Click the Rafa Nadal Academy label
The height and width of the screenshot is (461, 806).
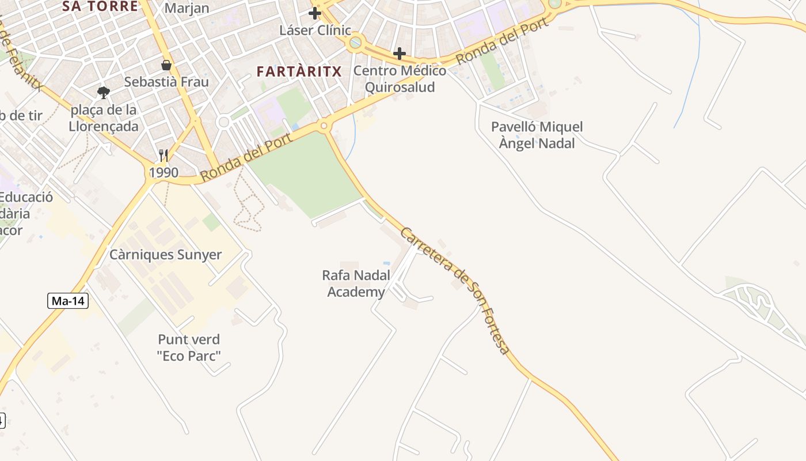(x=356, y=284)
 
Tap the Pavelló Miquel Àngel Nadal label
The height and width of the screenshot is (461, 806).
(x=537, y=135)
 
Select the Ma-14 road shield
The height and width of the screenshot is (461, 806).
(x=68, y=300)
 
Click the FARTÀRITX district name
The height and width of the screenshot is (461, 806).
(x=299, y=71)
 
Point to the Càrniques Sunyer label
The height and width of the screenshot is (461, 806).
(x=166, y=255)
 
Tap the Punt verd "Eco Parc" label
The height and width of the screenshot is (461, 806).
(x=189, y=347)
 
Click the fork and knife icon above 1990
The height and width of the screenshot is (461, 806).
(x=164, y=156)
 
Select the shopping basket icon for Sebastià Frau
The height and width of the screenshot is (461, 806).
(x=166, y=65)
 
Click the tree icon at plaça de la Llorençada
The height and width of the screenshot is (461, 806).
(x=104, y=92)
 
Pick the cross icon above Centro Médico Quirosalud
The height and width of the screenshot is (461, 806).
(x=400, y=54)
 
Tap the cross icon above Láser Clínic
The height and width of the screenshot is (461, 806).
(x=314, y=13)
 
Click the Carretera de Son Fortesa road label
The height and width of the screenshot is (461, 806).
(x=455, y=291)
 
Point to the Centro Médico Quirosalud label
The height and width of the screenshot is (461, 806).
(x=400, y=79)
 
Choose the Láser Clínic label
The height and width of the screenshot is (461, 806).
(x=315, y=30)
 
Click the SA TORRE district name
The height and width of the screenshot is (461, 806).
(x=100, y=6)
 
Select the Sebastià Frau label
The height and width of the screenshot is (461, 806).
(x=166, y=82)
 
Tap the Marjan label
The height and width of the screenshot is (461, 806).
(x=187, y=8)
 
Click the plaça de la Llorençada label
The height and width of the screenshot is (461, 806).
(x=104, y=118)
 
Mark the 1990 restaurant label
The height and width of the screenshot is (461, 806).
(x=164, y=172)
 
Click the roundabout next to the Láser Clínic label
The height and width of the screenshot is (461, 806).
(x=356, y=41)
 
